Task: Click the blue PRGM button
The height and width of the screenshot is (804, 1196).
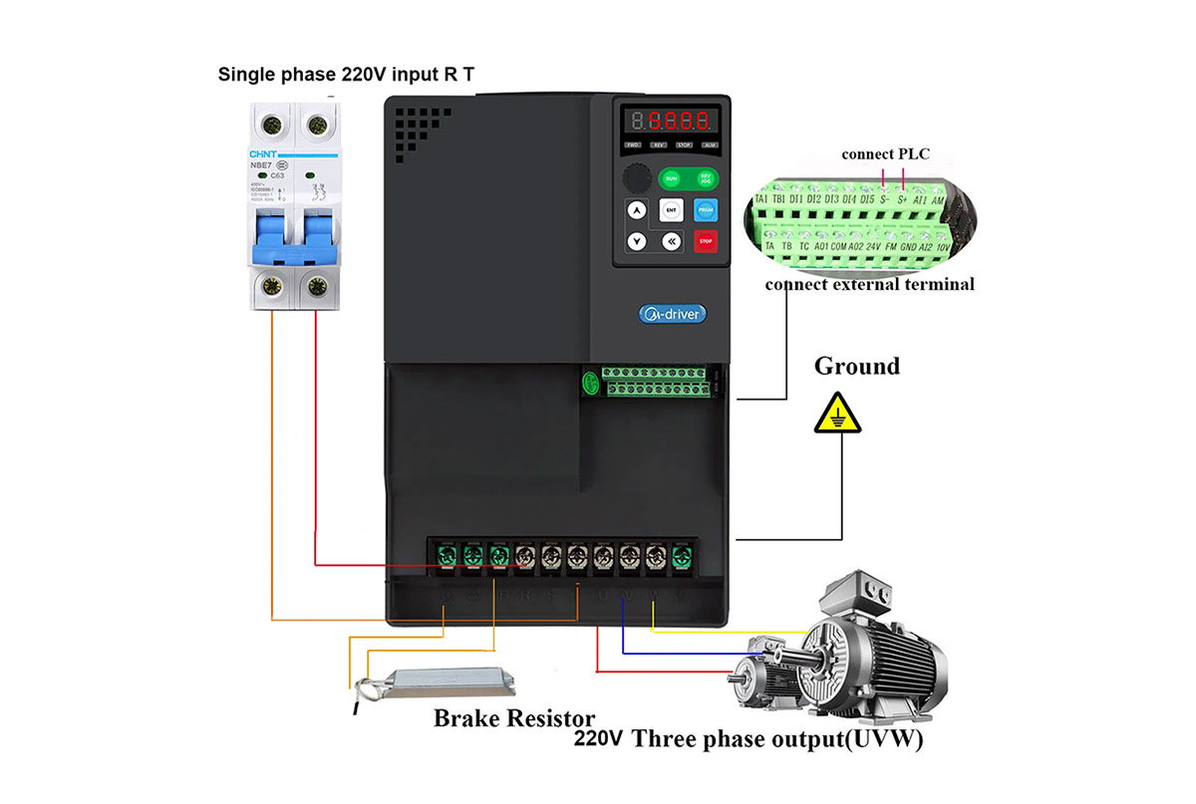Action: tap(705, 210)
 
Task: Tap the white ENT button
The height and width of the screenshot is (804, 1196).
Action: tap(671, 210)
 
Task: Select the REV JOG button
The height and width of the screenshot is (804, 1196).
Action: tap(704, 178)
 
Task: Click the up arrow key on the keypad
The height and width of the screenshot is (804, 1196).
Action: tap(636, 210)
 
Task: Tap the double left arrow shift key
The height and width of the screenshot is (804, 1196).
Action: tap(671, 241)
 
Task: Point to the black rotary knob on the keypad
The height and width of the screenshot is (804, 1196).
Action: tap(636, 179)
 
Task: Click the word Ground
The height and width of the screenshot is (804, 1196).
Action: tap(856, 367)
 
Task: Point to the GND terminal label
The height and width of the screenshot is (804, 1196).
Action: tap(909, 245)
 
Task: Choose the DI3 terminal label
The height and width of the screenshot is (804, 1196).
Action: tap(834, 199)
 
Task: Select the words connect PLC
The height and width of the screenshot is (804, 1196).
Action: tap(885, 153)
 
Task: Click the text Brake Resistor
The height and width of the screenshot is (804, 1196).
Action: tap(514, 717)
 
